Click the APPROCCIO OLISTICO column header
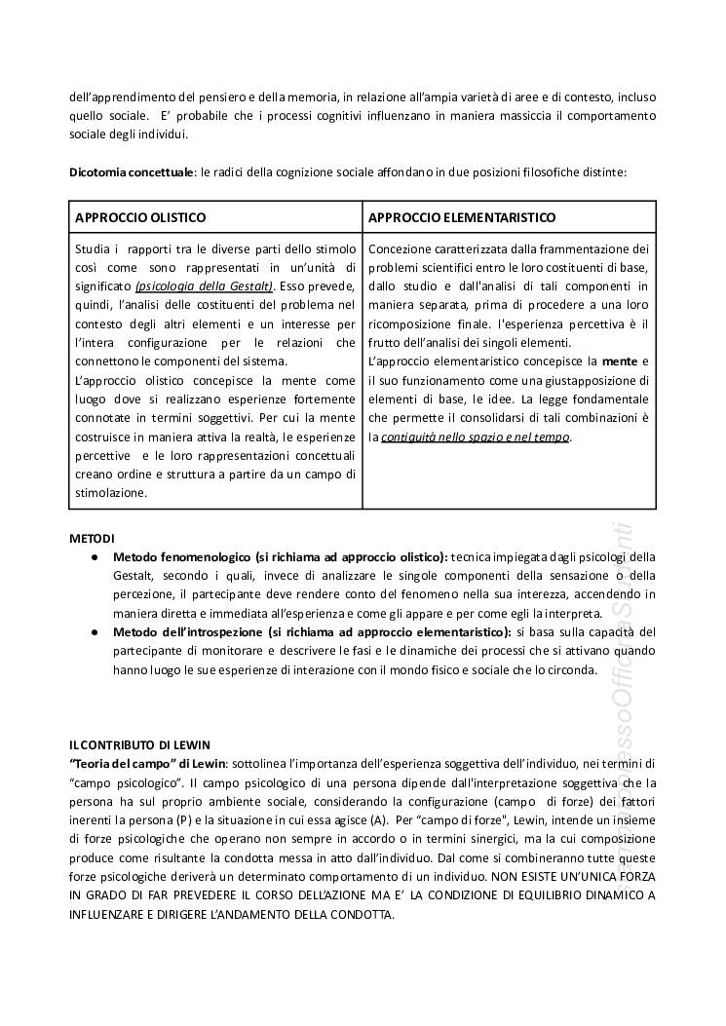[140, 216]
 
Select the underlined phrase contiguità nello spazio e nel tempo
[476, 437]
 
